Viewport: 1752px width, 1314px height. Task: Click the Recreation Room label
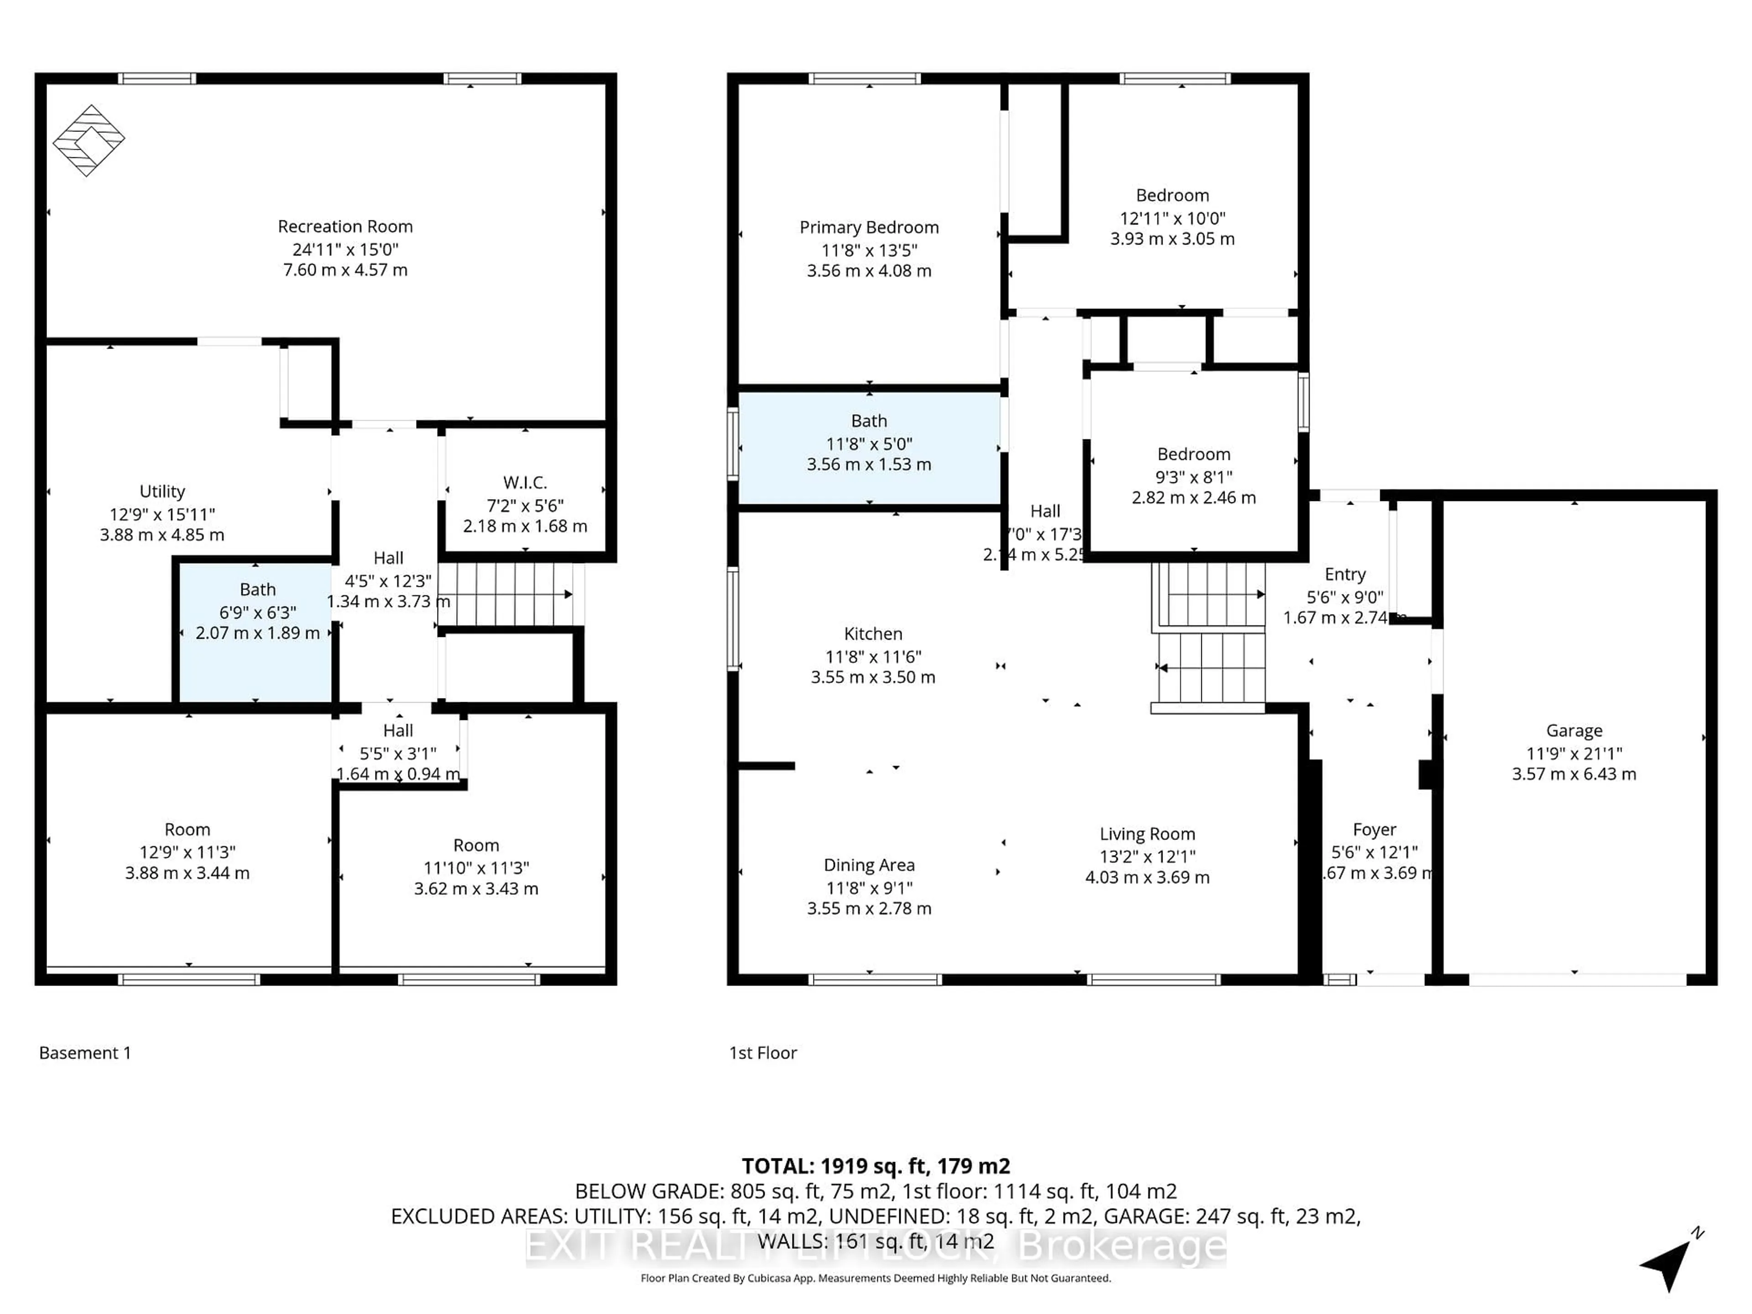[x=345, y=226]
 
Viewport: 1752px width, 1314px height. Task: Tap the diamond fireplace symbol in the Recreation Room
[x=89, y=140]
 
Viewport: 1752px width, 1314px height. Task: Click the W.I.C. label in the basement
[x=525, y=482]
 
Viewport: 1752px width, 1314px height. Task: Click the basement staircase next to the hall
[x=507, y=594]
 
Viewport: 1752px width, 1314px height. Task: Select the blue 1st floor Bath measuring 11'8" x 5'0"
[x=869, y=448]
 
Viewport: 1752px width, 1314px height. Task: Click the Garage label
[x=1574, y=730]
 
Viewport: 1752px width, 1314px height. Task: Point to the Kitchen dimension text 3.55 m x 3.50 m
[x=873, y=677]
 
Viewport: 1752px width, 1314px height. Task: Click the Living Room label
[x=1147, y=834]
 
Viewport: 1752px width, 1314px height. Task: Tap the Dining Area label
[x=869, y=865]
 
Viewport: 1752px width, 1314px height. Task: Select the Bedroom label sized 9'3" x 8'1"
[x=1194, y=454]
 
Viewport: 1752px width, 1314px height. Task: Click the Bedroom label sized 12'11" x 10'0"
[x=1172, y=196]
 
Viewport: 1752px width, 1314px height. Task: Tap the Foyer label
[x=1374, y=830]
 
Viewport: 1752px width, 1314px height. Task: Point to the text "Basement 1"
[x=85, y=1053]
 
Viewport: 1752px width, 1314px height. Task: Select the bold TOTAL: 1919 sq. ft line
[x=875, y=1166]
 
